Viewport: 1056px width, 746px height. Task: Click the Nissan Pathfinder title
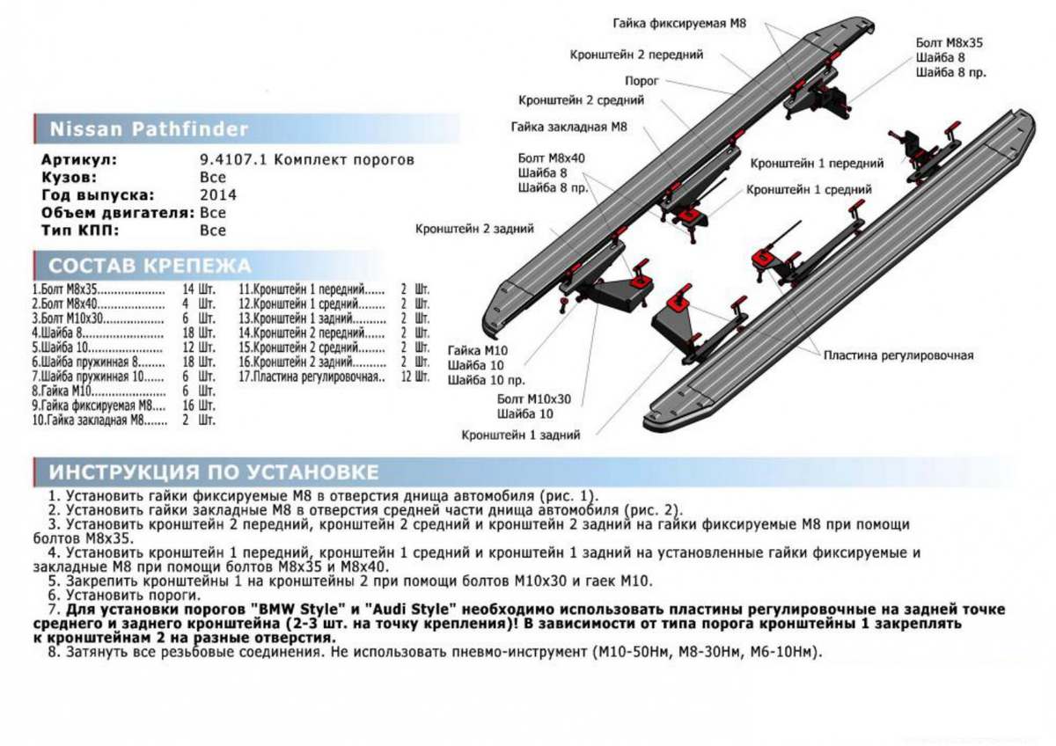pyautogui.click(x=149, y=129)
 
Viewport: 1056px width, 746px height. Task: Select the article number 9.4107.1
pyautogui.click(x=235, y=160)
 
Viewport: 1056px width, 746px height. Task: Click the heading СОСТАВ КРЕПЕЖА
pyautogui.click(x=150, y=266)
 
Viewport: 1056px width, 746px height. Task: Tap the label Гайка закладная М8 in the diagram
pyautogui.click(x=568, y=127)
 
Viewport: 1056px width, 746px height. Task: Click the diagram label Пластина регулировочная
pyautogui.click(x=898, y=355)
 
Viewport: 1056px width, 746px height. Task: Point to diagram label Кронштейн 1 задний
pyautogui.click(x=520, y=435)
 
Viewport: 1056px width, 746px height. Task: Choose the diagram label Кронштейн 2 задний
pyautogui.click(x=474, y=229)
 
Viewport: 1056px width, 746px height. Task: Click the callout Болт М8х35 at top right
pyautogui.click(x=949, y=42)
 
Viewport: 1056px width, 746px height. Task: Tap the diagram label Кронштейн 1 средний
pyautogui.click(x=809, y=189)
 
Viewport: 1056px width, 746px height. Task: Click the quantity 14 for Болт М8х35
pyautogui.click(x=187, y=289)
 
